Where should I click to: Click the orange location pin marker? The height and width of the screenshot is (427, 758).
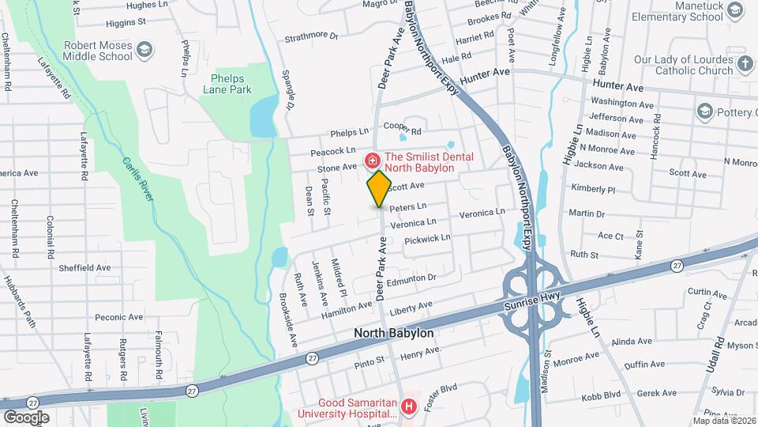pos(379,188)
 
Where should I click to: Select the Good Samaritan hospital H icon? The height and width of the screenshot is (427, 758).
pos(408,407)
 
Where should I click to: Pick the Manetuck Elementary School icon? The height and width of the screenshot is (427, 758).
pos(734,9)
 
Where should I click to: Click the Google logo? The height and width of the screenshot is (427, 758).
pos(26,417)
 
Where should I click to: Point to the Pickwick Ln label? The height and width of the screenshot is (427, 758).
pos(427,238)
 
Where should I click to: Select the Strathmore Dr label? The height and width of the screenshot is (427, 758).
pos(311,36)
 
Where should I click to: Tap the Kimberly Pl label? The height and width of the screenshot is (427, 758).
pos(594,190)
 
